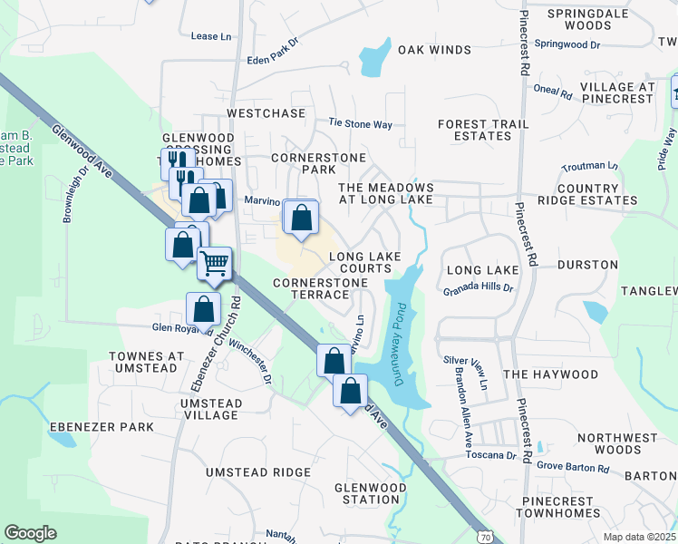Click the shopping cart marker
coord(215,263)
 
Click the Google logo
coord(30,533)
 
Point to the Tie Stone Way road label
coord(360,123)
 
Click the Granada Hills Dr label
coord(478,290)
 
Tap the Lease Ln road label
coord(211,36)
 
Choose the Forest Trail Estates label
coord(475,130)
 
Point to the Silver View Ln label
coord(466,373)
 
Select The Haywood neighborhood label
coord(550,374)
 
